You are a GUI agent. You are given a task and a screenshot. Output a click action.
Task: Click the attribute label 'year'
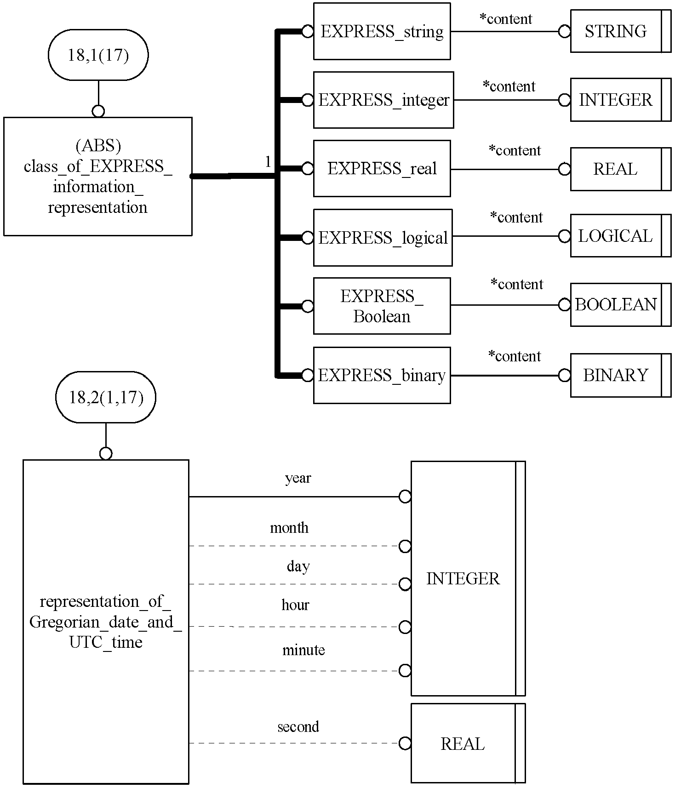[x=298, y=478]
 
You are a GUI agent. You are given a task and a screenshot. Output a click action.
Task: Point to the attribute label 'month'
[x=289, y=527]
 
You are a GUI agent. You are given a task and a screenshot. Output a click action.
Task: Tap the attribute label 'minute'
[x=303, y=650]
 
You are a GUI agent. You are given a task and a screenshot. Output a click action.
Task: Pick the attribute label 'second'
[x=298, y=726]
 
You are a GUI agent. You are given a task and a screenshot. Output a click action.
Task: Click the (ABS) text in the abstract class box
[x=98, y=146]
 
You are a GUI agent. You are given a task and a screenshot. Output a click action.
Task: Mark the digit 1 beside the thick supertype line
[x=268, y=162]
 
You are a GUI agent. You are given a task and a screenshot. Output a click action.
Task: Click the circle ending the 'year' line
[x=405, y=497]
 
